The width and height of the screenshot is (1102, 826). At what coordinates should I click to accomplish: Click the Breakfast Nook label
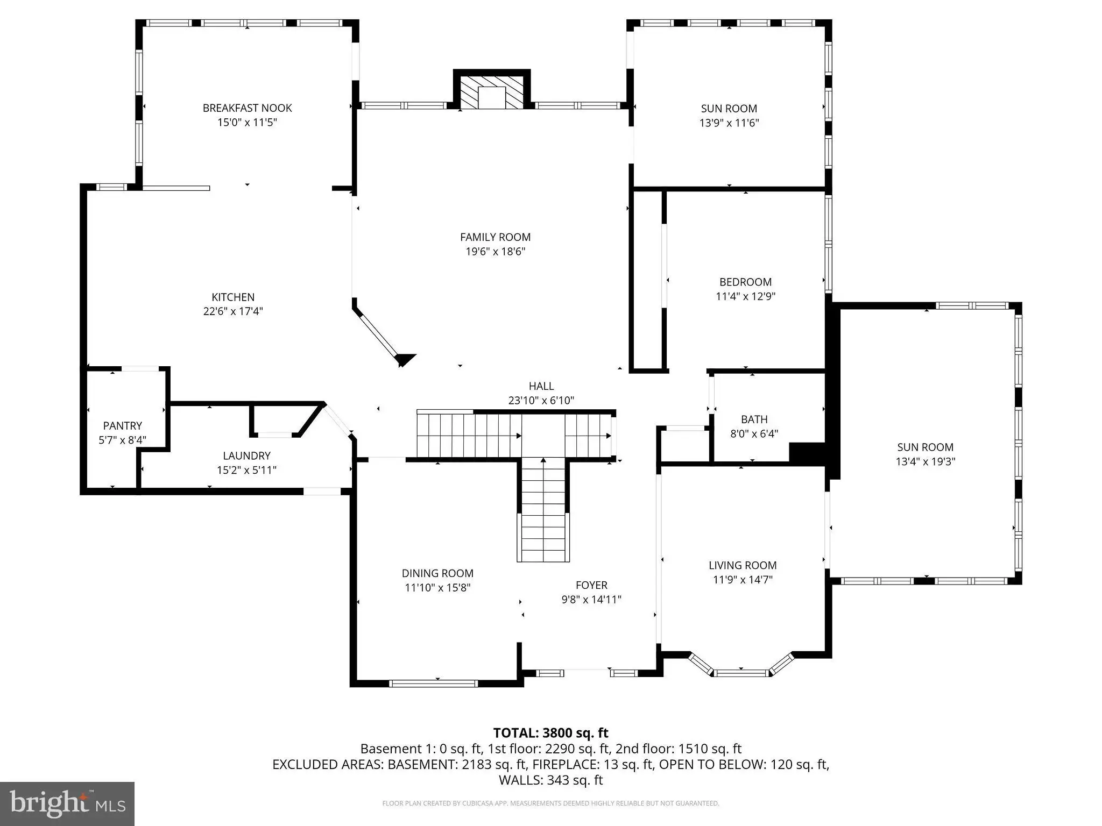247,108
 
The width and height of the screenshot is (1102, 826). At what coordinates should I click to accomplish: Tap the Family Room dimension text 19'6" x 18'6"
495,251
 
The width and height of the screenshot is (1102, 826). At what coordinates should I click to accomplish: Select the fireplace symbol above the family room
492,90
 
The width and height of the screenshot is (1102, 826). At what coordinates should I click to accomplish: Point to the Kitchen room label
233,297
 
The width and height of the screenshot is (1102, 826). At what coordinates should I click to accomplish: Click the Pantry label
123,425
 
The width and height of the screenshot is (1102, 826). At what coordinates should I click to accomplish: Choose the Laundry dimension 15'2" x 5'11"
246,470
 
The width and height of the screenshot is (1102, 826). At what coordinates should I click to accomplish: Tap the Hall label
541,386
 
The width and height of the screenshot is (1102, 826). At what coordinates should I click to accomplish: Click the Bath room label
754,419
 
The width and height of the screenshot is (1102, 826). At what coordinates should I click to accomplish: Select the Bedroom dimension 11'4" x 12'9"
745,296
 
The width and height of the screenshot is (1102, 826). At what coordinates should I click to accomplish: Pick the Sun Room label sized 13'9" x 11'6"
729,109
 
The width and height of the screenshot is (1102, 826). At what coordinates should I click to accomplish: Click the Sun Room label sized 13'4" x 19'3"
926,447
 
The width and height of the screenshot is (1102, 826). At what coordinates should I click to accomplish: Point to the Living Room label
743,565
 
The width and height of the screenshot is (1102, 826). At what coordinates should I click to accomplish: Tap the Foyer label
591,585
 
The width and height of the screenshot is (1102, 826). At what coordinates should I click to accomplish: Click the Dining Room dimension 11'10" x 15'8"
437,588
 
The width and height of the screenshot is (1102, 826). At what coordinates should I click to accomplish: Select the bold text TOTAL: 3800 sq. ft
550,733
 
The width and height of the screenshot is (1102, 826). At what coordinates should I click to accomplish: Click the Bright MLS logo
67,803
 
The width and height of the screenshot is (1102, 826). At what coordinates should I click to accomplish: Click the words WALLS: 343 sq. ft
550,780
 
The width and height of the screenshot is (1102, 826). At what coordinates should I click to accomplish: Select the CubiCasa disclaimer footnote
550,803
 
